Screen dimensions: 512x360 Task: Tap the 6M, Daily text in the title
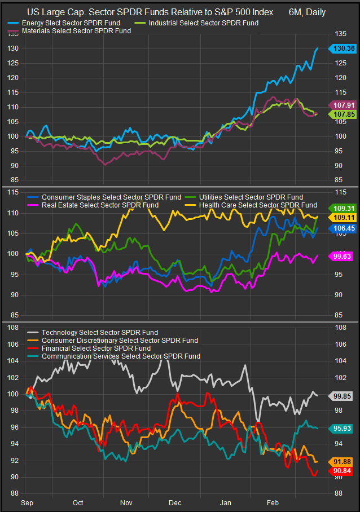pos(307,12)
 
